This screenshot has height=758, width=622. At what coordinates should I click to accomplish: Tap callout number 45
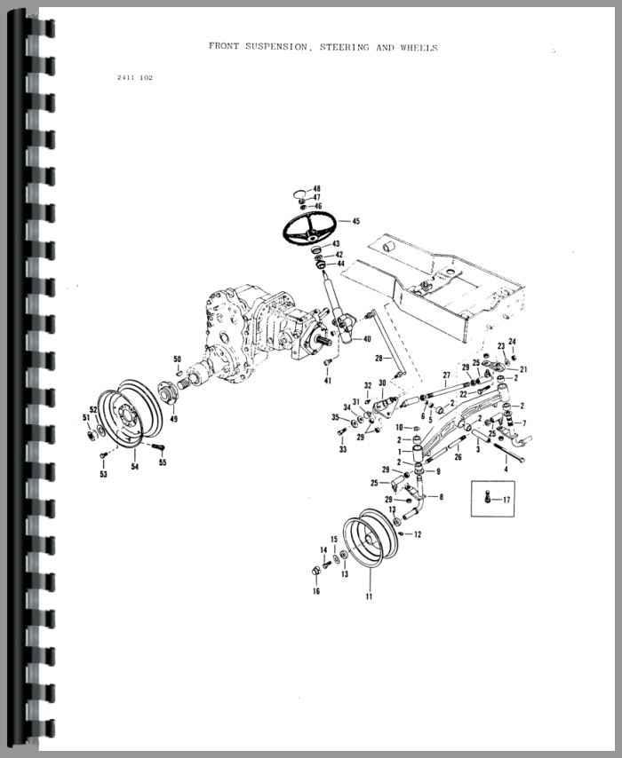click(x=355, y=221)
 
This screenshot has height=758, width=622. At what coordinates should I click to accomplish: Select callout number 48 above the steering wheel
click(x=316, y=188)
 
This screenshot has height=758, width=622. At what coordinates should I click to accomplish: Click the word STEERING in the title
click(x=344, y=47)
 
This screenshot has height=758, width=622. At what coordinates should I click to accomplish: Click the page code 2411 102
click(x=135, y=77)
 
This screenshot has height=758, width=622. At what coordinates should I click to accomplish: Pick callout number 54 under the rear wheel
click(x=134, y=467)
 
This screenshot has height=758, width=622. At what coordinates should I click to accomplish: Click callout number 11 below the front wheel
click(x=370, y=596)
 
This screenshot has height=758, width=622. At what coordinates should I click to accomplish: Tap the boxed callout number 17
click(x=506, y=500)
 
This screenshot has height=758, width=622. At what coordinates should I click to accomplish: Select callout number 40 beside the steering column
click(x=367, y=339)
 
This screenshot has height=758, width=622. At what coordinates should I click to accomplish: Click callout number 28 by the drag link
click(x=379, y=359)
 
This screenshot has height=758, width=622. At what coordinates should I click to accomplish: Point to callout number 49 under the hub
click(x=173, y=419)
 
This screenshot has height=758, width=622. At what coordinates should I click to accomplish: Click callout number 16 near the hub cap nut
click(x=316, y=591)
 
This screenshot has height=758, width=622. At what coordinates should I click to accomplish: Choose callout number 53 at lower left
click(x=104, y=474)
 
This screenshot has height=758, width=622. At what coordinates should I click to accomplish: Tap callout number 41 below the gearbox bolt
click(x=328, y=381)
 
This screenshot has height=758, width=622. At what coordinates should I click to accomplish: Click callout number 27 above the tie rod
click(x=446, y=375)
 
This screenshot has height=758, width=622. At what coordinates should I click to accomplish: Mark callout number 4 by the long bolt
click(x=506, y=469)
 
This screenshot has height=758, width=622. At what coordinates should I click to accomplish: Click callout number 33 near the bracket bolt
click(x=343, y=449)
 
